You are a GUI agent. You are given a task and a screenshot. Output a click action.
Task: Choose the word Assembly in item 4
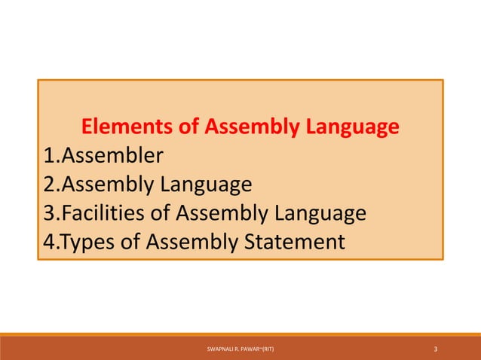click(x=191, y=243)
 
